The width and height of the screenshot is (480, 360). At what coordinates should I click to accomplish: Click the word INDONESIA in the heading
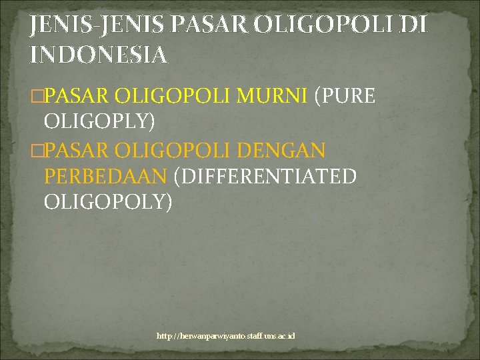point(98,55)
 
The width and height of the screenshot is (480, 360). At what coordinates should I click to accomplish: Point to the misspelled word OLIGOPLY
point(99,121)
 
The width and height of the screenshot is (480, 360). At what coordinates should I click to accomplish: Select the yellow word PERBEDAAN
point(105,176)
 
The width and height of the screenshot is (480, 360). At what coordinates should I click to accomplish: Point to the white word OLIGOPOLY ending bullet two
point(107,201)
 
